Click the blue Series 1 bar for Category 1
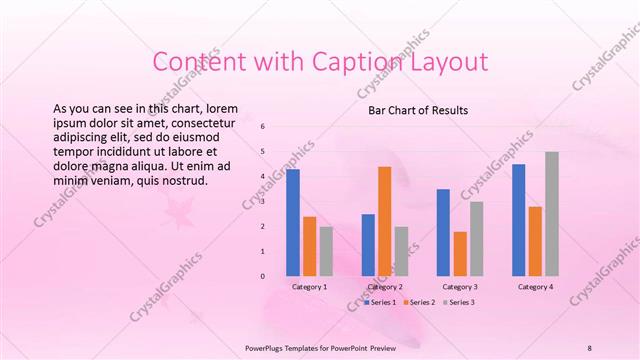pyautogui.click(x=293, y=222)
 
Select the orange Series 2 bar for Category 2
pyautogui.click(x=384, y=220)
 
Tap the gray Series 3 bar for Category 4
pyautogui.click(x=552, y=213)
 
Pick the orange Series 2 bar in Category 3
pyautogui.click(x=459, y=253)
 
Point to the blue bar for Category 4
pyautogui.click(x=518, y=219)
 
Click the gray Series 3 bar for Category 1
pyautogui.click(x=326, y=250)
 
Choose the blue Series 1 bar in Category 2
pyautogui.click(x=368, y=244)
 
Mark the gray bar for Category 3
pyautogui.click(x=476, y=238)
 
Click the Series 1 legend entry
pyautogui.click(x=381, y=301)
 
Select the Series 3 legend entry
pyautogui.click(x=461, y=301)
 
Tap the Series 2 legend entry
pyautogui.click(x=421, y=301)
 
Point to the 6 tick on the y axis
pyautogui.click(x=262, y=127)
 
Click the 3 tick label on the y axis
pyautogui.click(x=262, y=201)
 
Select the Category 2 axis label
pyautogui.click(x=385, y=287)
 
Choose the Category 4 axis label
pyautogui.click(x=535, y=287)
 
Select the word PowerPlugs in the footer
pyautogui.click(x=267, y=347)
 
